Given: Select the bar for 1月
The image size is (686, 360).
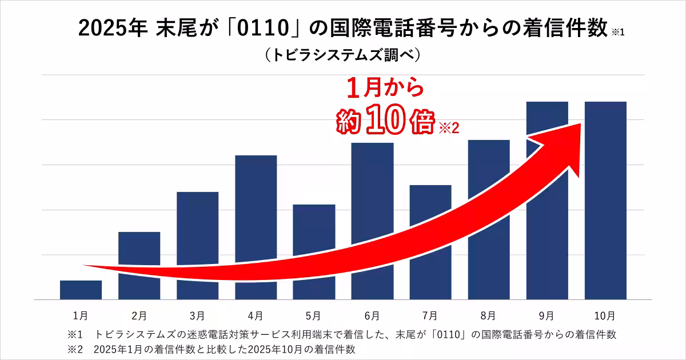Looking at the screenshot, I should [x=81, y=290].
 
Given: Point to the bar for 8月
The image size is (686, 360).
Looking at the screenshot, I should [x=489, y=189].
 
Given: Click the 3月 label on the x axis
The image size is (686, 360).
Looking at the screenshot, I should [x=197, y=315].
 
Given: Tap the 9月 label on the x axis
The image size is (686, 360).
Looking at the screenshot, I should [x=546, y=315].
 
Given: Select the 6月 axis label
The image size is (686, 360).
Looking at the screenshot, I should [x=372, y=315].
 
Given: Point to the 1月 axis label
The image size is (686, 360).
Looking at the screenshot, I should [x=81, y=315].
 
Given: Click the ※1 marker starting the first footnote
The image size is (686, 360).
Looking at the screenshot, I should [x=75, y=334].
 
